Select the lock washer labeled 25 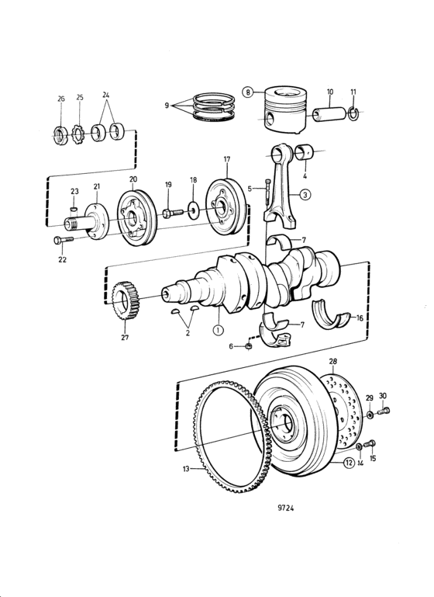pyautogui.click(x=78, y=136)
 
